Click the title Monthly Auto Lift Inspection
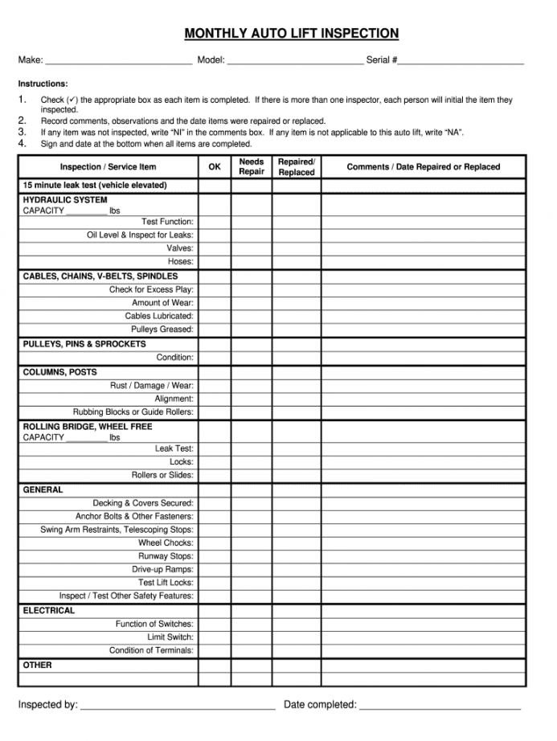292,33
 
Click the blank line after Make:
119,61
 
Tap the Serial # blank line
461,61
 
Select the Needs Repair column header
252,167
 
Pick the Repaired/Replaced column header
297,167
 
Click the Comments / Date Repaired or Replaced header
424,167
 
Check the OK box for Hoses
215,262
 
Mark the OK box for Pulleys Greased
215,330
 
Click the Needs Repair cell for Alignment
252,399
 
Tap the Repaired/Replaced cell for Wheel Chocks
297,543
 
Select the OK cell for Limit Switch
215,637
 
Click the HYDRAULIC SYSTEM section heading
65,200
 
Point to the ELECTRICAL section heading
49,611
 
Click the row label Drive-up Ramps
163,570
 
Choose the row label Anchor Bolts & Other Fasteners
134,517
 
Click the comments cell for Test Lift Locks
424,583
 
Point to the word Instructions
43,84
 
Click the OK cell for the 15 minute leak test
215,186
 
